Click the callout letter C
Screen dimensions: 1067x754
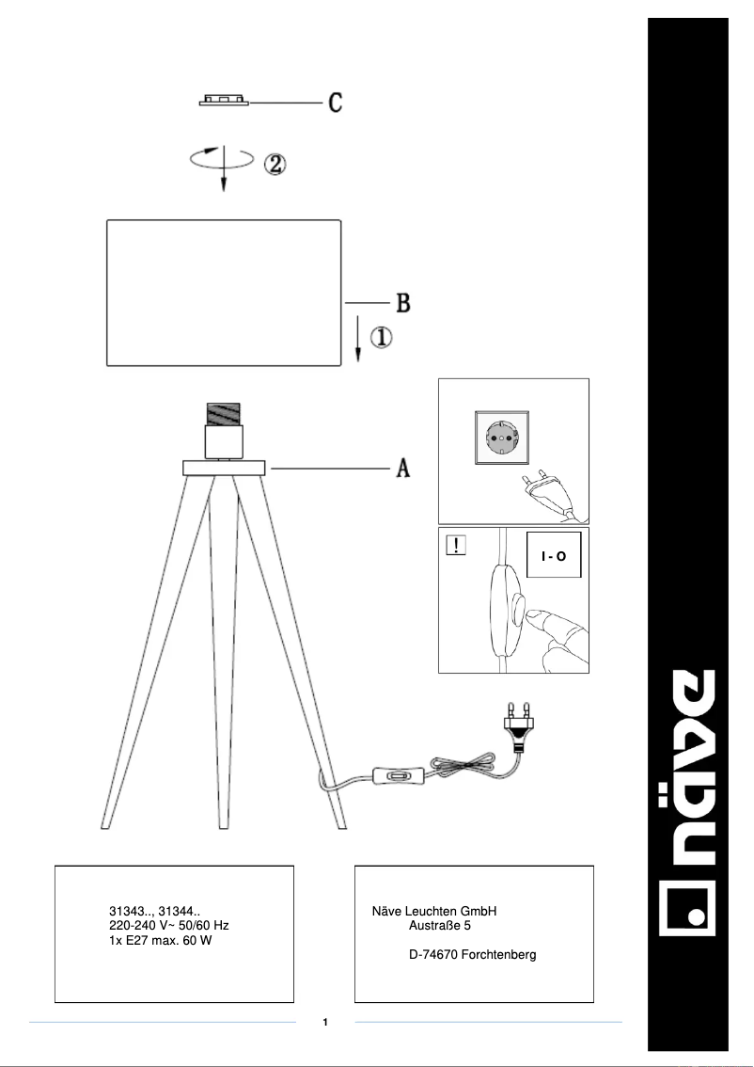(335, 102)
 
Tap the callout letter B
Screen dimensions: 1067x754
(401, 303)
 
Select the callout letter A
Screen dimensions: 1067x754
(401, 467)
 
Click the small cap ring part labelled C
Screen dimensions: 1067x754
(224, 101)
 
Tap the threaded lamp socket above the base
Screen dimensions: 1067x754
(223, 414)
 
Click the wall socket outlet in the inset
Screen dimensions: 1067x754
(501, 439)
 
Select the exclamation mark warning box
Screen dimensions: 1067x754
(456, 547)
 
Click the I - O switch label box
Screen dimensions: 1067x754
(554, 556)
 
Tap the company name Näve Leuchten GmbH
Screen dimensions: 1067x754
(433, 911)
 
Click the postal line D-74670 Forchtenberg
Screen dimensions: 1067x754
(472, 955)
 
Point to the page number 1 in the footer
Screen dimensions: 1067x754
(324, 1022)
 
